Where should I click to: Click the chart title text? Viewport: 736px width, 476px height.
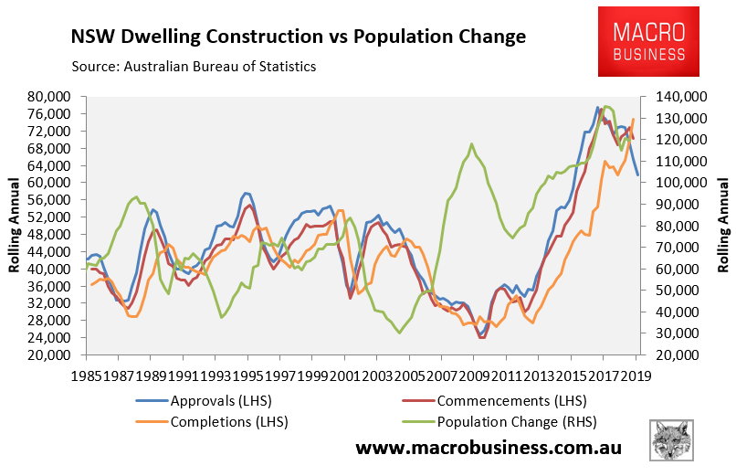[x=298, y=37]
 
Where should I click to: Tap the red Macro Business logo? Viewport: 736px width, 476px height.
[x=649, y=41]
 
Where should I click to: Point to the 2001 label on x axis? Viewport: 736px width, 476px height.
[x=344, y=375]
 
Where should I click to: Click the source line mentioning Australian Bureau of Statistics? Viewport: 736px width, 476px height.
[x=194, y=66]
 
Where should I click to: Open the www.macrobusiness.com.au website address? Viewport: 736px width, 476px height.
[x=489, y=449]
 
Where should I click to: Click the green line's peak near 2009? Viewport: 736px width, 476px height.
[x=471, y=143]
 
